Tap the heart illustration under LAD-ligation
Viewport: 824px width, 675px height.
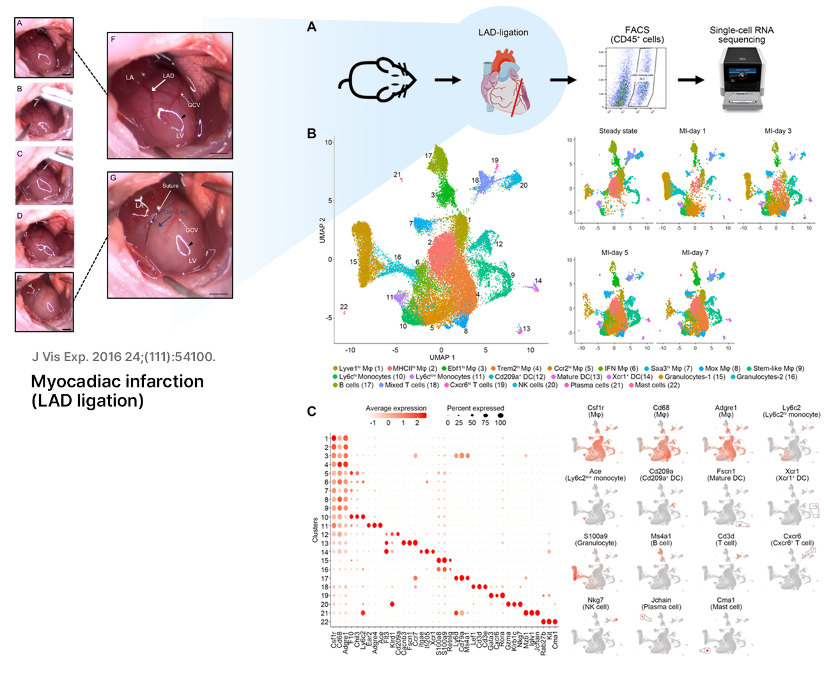(x=505, y=84)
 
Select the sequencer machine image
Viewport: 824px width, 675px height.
(x=741, y=79)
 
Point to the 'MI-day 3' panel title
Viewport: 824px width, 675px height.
(x=777, y=131)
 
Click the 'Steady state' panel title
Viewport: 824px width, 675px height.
(x=618, y=131)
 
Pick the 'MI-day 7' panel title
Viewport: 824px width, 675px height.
(x=695, y=252)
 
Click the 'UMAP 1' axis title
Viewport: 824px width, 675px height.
(x=442, y=357)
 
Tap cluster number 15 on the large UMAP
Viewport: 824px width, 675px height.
(x=354, y=262)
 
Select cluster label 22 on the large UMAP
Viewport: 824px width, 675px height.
(x=344, y=307)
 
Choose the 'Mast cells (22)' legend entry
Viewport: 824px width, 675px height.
(x=653, y=385)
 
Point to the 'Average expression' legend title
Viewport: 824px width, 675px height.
(x=396, y=408)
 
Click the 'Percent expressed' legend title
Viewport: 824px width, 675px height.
(x=475, y=408)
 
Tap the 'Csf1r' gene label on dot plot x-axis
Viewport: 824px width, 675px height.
(x=333, y=640)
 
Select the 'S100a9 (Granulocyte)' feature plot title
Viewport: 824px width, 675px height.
(x=595, y=539)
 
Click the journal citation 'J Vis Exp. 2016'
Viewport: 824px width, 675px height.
(x=123, y=357)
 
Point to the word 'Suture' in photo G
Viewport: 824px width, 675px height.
(x=171, y=186)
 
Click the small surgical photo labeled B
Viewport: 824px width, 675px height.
(x=44, y=112)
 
